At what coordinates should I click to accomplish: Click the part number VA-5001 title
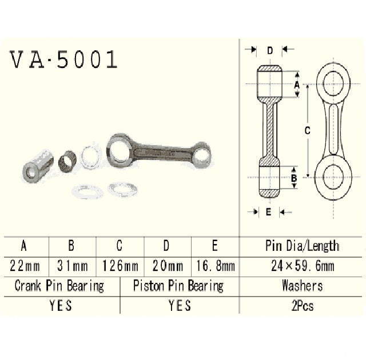click(x=63, y=60)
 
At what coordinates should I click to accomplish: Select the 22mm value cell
click(x=24, y=266)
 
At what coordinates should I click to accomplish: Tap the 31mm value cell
click(x=71, y=266)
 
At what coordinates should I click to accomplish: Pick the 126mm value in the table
click(x=120, y=266)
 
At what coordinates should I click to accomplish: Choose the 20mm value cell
click(x=166, y=266)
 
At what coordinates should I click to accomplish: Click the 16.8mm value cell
click(x=214, y=266)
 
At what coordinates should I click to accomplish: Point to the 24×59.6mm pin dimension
click(x=302, y=266)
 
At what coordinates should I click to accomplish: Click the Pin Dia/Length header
click(x=302, y=246)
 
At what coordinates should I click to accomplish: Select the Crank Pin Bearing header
click(x=59, y=285)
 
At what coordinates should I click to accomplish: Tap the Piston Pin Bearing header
click(x=178, y=285)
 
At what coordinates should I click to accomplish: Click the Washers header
click(x=302, y=285)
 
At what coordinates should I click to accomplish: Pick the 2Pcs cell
click(x=302, y=306)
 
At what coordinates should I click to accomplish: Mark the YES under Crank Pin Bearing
click(x=60, y=306)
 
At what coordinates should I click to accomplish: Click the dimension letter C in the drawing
click(x=307, y=130)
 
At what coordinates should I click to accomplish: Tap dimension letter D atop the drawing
click(x=269, y=50)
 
